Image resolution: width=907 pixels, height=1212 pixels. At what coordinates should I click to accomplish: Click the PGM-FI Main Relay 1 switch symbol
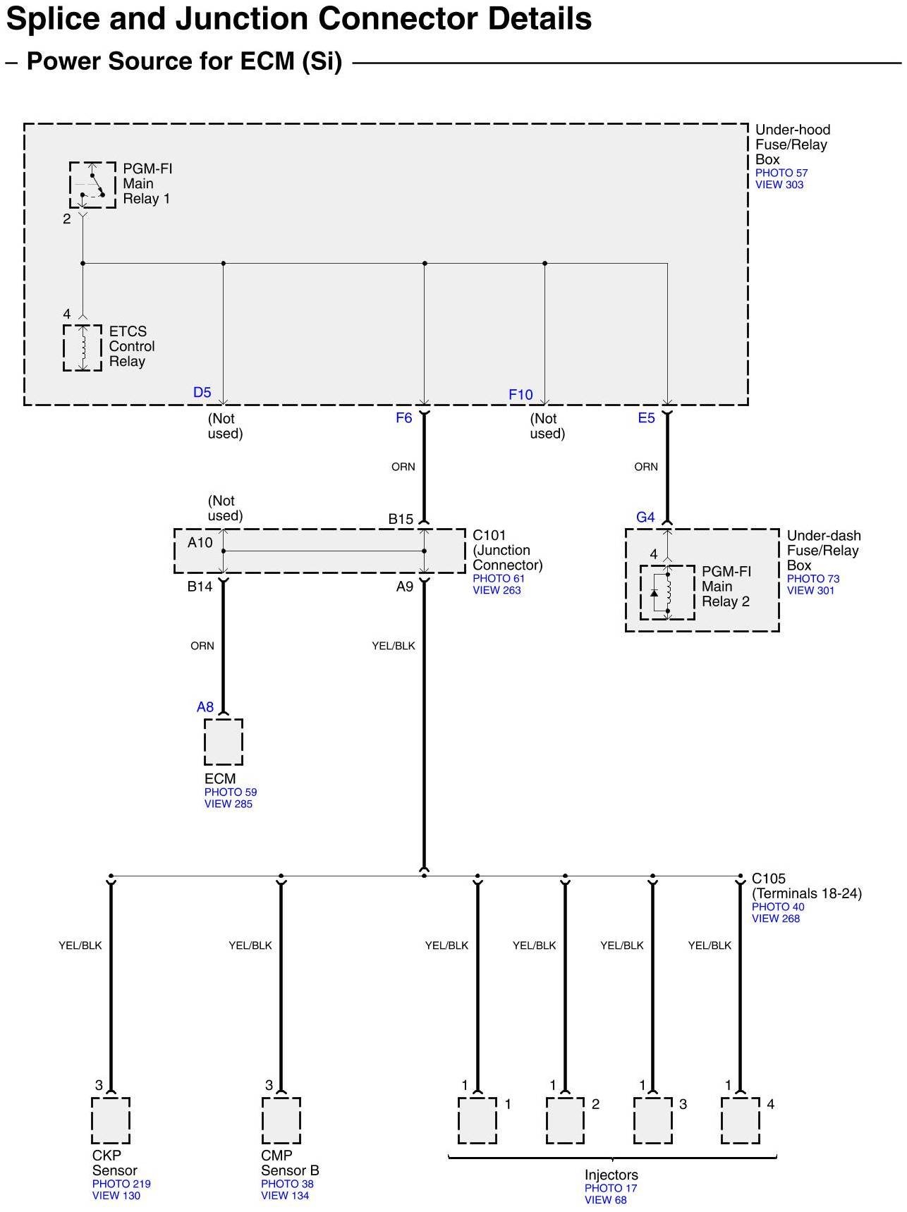click(92, 185)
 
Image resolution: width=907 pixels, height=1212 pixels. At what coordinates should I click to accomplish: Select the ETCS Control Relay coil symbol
click(83, 348)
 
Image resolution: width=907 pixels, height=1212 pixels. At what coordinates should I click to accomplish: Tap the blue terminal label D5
click(202, 393)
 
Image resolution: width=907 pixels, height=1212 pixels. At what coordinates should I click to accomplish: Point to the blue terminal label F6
click(403, 418)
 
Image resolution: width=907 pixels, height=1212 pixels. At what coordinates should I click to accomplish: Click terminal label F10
click(521, 395)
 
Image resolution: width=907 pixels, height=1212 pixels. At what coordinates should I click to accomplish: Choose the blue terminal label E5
click(646, 418)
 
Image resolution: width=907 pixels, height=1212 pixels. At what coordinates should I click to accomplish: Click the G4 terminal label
click(645, 518)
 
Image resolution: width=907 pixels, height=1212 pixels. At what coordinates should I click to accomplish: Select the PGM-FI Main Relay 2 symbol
click(666, 593)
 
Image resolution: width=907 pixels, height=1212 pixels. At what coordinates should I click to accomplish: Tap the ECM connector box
click(224, 742)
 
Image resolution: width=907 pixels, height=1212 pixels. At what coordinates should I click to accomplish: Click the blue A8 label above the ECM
click(205, 707)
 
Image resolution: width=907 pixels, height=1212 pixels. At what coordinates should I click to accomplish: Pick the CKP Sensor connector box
click(111, 1120)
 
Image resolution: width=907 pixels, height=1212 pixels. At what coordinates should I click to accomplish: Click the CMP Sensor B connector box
click(281, 1120)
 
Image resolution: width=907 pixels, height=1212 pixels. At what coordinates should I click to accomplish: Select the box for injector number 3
click(652, 1120)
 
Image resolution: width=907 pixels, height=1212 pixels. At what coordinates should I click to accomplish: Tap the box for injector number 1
click(477, 1120)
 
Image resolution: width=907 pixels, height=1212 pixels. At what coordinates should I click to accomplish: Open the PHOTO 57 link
click(781, 173)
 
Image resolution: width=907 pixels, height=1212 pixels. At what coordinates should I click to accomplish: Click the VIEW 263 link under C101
click(497, 590)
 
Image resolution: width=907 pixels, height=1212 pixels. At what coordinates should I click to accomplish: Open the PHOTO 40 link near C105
click(778, 907)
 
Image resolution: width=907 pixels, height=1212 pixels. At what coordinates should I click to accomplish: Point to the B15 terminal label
click(401, 519)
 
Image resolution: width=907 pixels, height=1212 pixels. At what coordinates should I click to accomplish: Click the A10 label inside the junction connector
click(200, 543)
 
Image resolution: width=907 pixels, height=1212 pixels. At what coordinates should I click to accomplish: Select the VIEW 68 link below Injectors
click(605, 1200)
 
